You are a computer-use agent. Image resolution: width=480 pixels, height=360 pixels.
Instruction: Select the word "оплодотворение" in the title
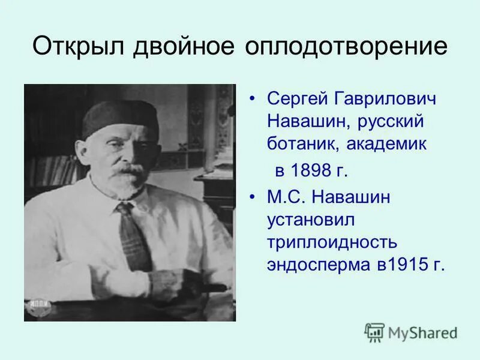(346, 46)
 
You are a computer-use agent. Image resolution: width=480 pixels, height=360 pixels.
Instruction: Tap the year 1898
(312, 170)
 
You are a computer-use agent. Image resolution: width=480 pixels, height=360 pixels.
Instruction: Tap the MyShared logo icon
(374, 332)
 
